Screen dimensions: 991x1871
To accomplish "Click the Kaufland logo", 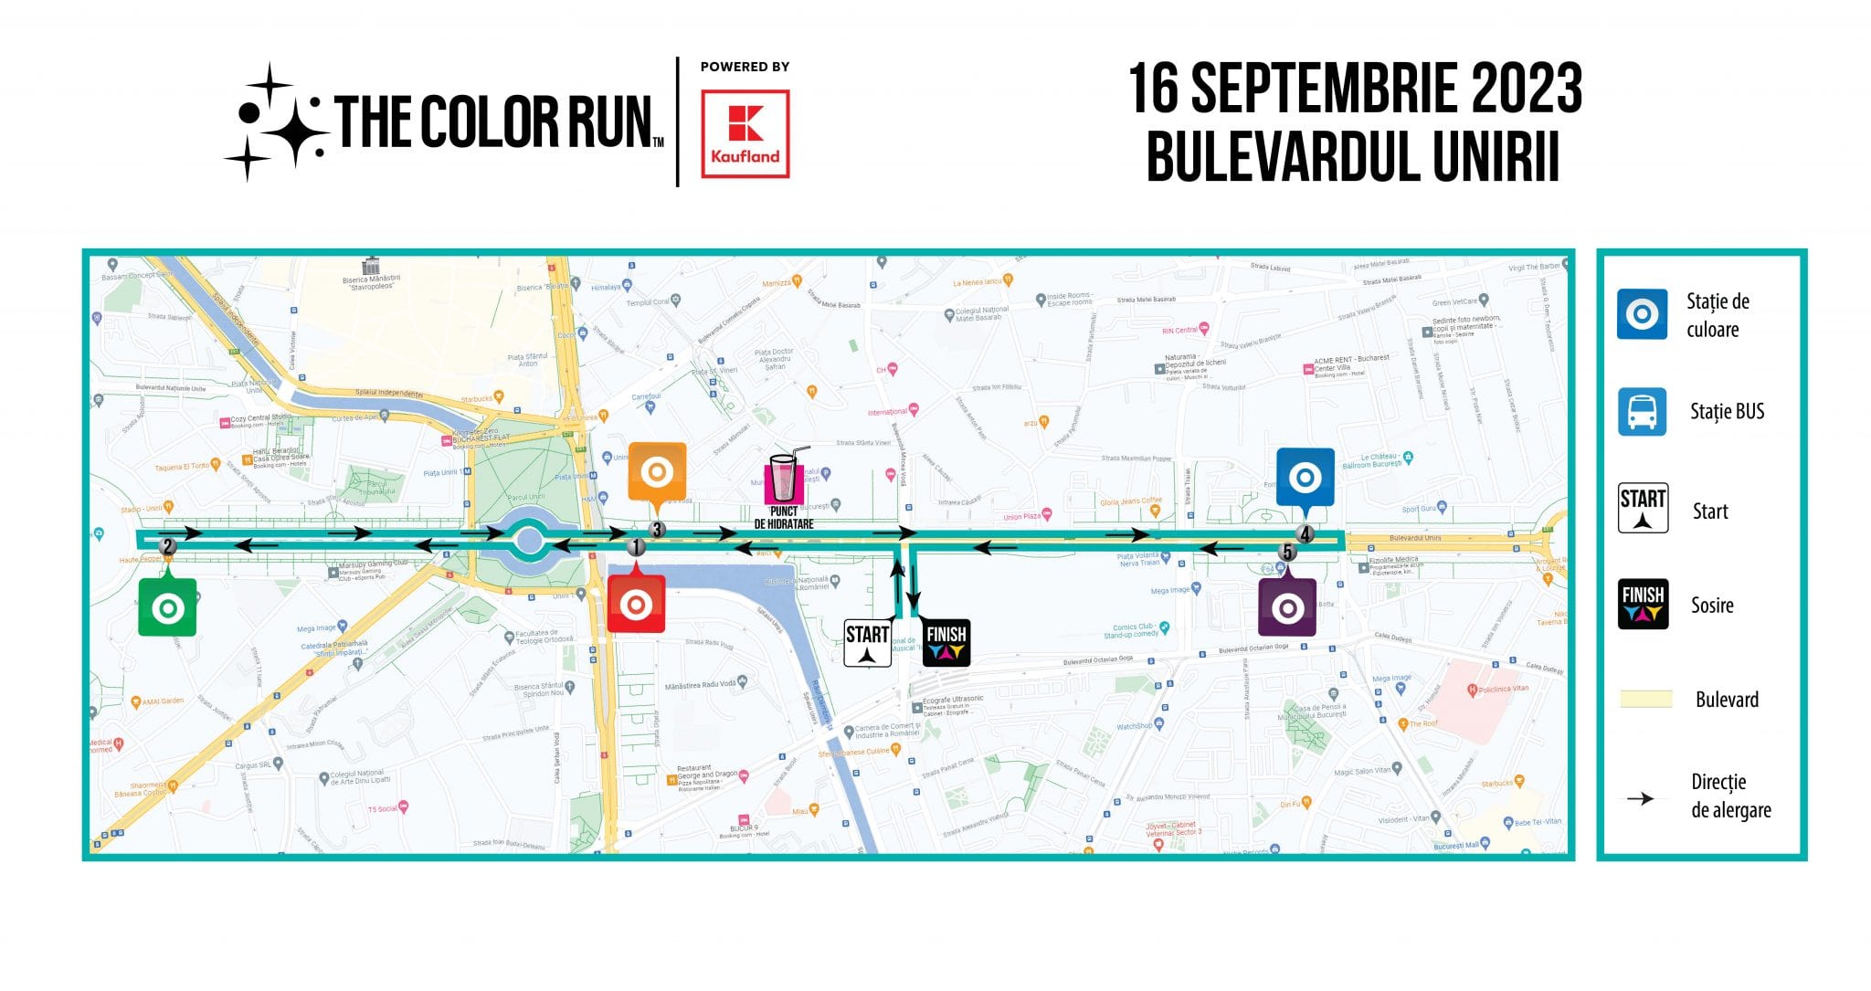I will pyautogui.click(x=745, y=133).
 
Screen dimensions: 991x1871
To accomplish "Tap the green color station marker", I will pyautogui.click(x=167, y=607).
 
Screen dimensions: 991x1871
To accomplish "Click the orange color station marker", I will pyautogui.click(x=657, y=472).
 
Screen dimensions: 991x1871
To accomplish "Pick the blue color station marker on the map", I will pyautogui.click(x=1305, y=477).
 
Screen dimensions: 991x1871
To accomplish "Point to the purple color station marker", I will pyautogui.click(x=1287, y=607).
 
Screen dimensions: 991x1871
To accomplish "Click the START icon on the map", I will pyautogui.click(x=867, y=643).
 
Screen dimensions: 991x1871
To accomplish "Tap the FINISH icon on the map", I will pyautogui.click(x=946, y=642).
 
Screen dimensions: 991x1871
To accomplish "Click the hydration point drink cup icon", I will pyautogui.click(x=784, y=478).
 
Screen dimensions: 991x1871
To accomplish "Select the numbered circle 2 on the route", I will pyautogui.click(x=167, y=547).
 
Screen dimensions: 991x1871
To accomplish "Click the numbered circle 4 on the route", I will pyautogui.click(x=1305, y=534).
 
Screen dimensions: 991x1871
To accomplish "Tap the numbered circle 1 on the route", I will pyautogui.click(x=637, y=547).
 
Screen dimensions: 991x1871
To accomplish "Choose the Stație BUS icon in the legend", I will pyautogui.click(x=1642, y=412).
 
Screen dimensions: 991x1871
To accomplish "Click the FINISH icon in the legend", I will pyautogui.click(x=1643, y=604).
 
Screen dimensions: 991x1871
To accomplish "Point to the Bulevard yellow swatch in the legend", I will pyautogui.click(x=1645, y=700).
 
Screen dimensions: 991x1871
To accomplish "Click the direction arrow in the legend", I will pyautogui.click(x=1641, y=798).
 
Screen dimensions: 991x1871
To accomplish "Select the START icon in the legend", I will pyautogui.click(x=1643, y=508).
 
